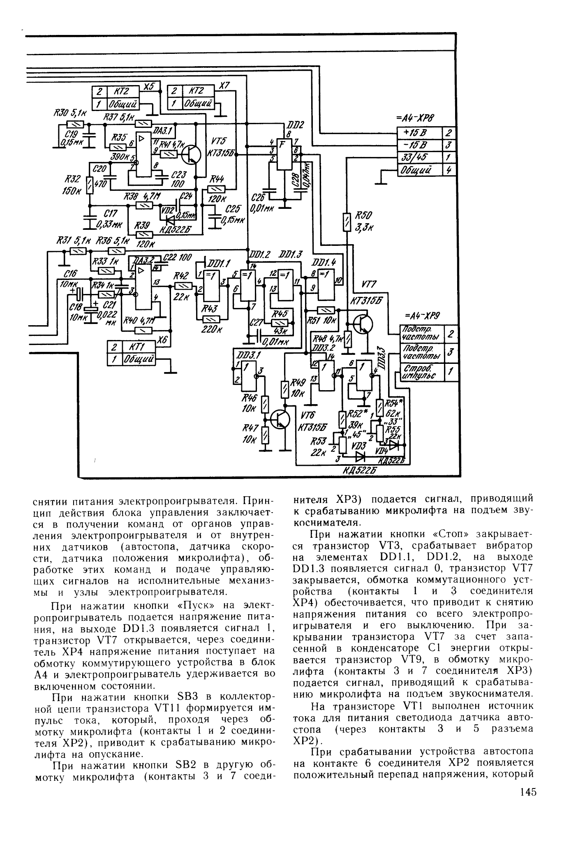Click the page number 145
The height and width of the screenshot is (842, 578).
[x=528, y=815]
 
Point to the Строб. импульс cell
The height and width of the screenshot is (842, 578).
[x=417, y=372]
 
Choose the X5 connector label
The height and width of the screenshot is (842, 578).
[x=149, y=86]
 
